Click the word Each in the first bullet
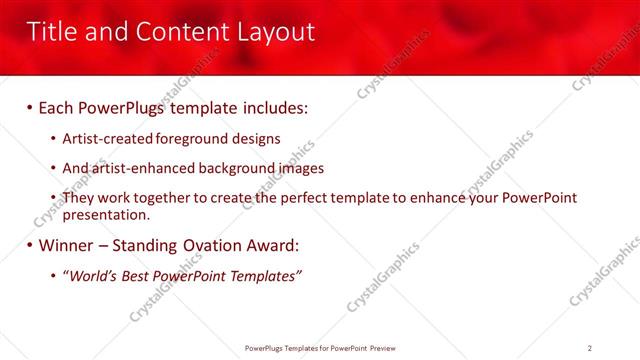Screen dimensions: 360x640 pos(58,106)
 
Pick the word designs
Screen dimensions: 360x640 pos(254,139)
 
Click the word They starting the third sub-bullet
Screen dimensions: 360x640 pos(80,198)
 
